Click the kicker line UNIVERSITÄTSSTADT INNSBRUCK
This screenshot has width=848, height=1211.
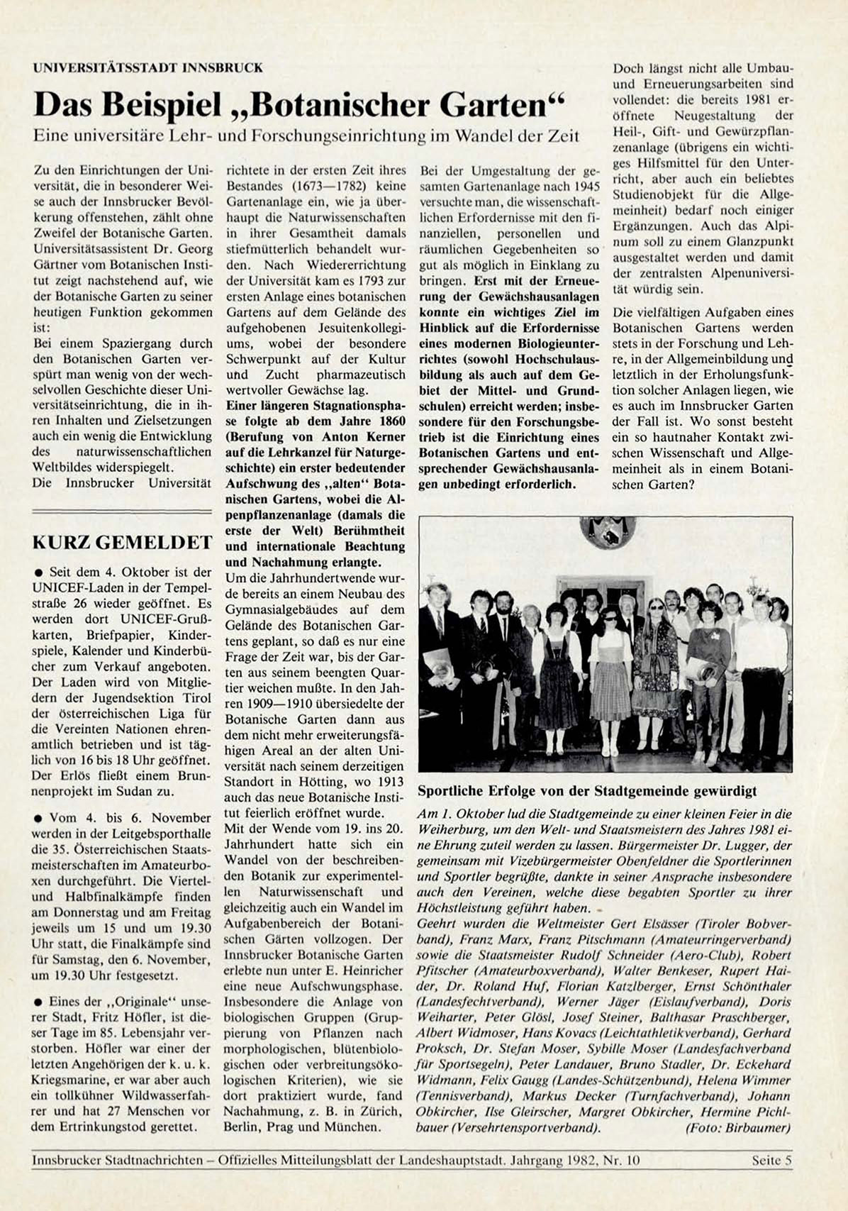click(147, 68)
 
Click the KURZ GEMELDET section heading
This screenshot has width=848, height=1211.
click(122, 543)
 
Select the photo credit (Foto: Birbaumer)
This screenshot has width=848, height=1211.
click(737, 1127)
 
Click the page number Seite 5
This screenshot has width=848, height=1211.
click(771, 1161)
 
